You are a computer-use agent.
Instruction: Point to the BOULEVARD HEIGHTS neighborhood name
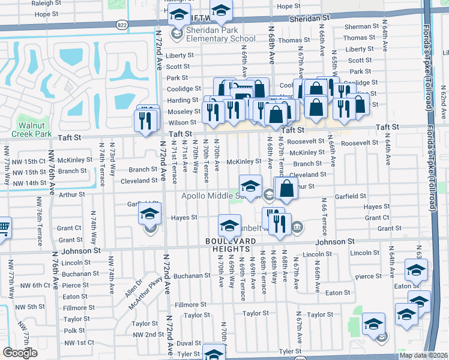click(x=228, y=245)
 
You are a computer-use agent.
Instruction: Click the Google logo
click(x=20, y=353)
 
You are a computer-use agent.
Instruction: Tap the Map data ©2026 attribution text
click(x=423, y=355)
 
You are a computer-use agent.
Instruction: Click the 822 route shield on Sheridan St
click(x=122, y=25)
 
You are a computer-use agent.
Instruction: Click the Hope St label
click(x=289, y=6)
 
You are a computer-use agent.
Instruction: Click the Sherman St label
click(x=358, y=27)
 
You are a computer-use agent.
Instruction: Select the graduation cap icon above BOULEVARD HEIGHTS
click(x=229, y=226)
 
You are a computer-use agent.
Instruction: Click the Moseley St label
click(x=184, y=112)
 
